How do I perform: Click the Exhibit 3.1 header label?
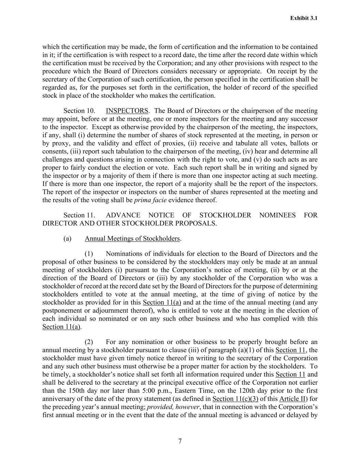point(304,18)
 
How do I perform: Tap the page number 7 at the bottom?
point(180,441)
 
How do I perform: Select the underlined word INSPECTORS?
point(127,111)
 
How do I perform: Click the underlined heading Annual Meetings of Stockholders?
point(132,238)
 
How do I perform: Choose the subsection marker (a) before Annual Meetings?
point(67,238)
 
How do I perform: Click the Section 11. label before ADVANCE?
point(79,215)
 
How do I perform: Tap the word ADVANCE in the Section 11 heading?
point(123,215)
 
